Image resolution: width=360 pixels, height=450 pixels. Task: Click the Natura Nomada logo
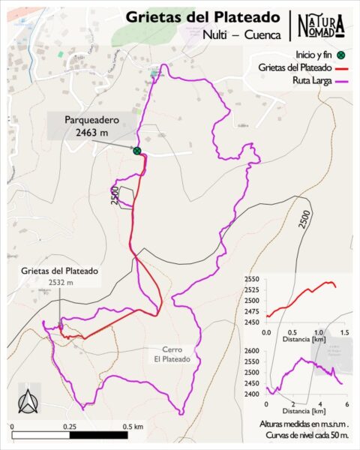tap(321, 25)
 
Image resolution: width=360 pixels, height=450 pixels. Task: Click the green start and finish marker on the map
tap(137, 151)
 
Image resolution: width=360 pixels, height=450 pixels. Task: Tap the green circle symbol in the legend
tap(340, 55)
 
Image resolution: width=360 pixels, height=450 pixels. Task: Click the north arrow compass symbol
tap(28, 403)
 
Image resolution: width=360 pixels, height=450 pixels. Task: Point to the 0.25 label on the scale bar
tap(69, 426)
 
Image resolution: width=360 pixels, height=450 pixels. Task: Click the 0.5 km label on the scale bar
tap(133, 426)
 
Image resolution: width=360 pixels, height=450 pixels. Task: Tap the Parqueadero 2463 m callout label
tap(91, 125)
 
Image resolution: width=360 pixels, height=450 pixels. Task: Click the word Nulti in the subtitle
tap(216, 34)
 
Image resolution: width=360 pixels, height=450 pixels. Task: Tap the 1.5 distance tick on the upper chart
tap(344, 331)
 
